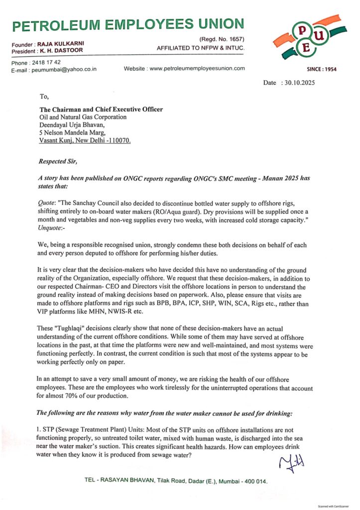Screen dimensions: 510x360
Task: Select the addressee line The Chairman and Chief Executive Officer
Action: point(101,110)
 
